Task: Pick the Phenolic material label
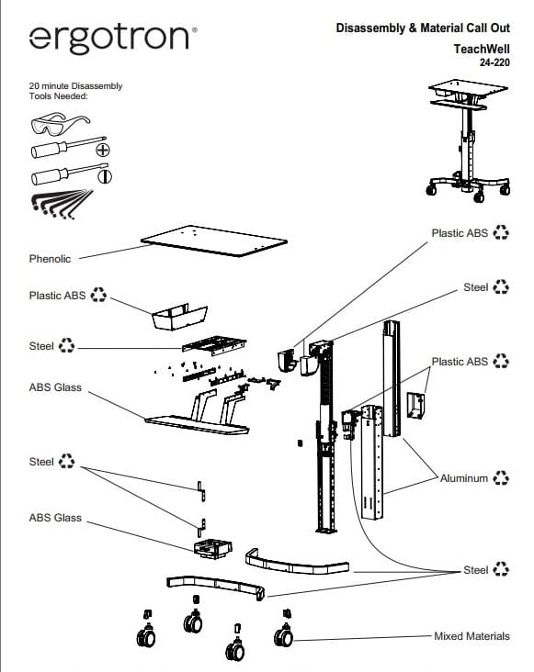50,259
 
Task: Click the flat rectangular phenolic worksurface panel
213,239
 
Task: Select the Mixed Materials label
472,635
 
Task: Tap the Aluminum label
464,478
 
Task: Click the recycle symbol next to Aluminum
501,478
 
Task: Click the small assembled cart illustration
468,138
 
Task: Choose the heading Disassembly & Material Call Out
424,30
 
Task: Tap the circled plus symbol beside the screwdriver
103,149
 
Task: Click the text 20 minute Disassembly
76,86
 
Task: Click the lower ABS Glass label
55,518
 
